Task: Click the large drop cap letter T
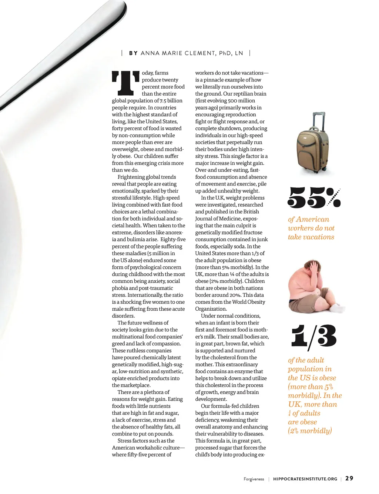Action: (x=125, y=83)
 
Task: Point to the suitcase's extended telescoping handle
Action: (x=319, y=120)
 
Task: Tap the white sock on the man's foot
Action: (x=338, y=308)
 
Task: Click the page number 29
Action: (x=349, y=478)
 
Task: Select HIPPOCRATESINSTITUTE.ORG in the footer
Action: (x=305, y=479)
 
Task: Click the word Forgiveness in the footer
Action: (x=254, y=479)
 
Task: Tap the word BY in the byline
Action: (x=133, y=53)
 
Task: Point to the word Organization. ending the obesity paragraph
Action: (x=211, y=309)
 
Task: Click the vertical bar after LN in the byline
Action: (x=250, y=53)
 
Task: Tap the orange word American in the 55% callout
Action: (x=312, y=219)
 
